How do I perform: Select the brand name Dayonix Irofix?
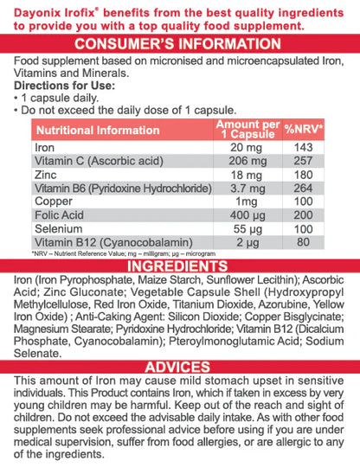[x=68, y=10]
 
